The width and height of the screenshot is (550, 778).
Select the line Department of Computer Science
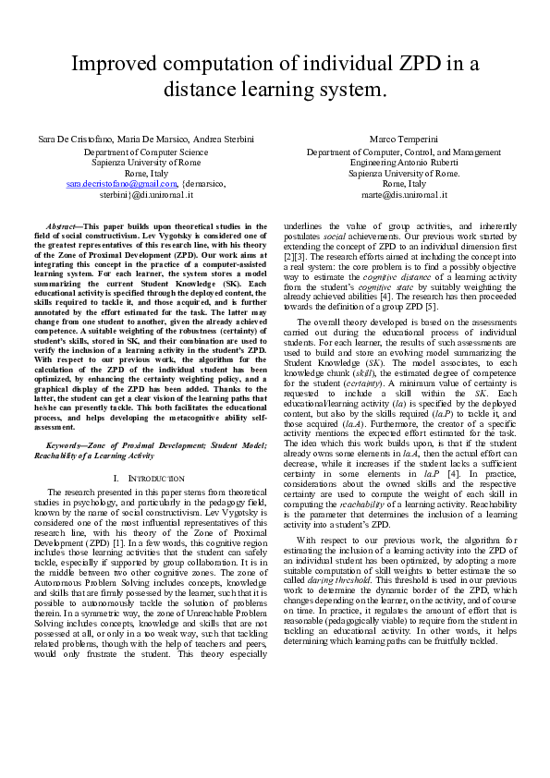[146, 151]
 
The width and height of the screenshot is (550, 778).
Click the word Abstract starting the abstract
[61, 226]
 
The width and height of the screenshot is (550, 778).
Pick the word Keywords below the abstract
[66, 420]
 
